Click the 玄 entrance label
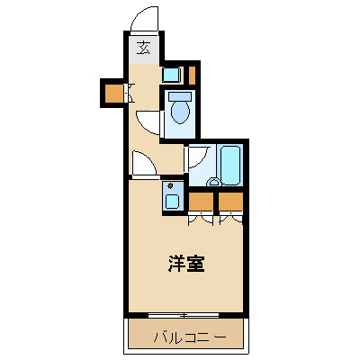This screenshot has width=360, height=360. [144, 49]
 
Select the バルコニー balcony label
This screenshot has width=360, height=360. [184, 338]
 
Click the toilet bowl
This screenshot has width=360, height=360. [180, 110]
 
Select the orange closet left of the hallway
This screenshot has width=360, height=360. [113, 92]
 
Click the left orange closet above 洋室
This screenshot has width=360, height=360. [202, 200]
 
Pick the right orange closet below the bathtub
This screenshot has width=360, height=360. [231, 200]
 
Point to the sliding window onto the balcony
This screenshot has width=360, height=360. [184, 315]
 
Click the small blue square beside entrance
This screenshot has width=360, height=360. [171, 75]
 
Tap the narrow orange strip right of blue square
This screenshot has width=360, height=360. [192, 73]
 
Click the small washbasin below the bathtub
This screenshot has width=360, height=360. [213, 183]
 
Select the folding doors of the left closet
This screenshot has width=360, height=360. [202, 217]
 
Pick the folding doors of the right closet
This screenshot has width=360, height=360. [231, 217]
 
